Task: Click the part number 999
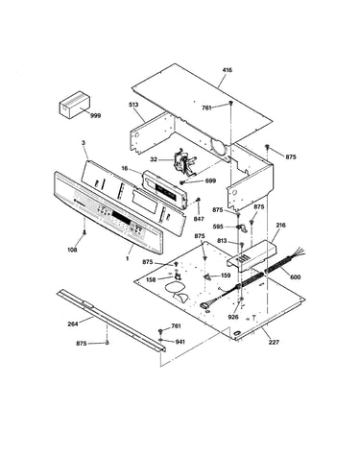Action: (95, 115)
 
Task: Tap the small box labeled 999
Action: (74, 105)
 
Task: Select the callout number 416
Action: (228, 70)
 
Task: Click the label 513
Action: (133, 105)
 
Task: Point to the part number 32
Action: (154, 159)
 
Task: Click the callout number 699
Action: (210, 180)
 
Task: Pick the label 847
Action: (199, 219)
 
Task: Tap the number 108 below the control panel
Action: (73, 250)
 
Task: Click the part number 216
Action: (280, 226)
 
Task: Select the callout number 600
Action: (296, 276)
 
